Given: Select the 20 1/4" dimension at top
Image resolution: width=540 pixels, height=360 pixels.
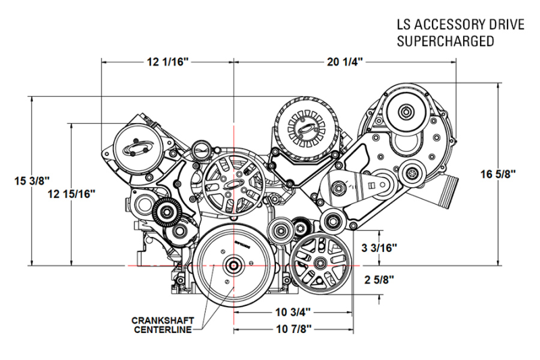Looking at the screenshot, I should coord(345,61).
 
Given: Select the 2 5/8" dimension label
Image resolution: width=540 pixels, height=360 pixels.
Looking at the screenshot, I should coord(378,279).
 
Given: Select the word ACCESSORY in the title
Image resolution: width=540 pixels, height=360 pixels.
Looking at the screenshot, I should coord(445,25).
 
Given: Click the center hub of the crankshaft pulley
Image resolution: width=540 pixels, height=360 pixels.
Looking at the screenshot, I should coord(232,266).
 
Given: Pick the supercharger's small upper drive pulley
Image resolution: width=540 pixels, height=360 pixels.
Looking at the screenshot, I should coord(407,111).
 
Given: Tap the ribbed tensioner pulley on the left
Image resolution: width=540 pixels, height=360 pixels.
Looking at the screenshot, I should coord(165,214).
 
